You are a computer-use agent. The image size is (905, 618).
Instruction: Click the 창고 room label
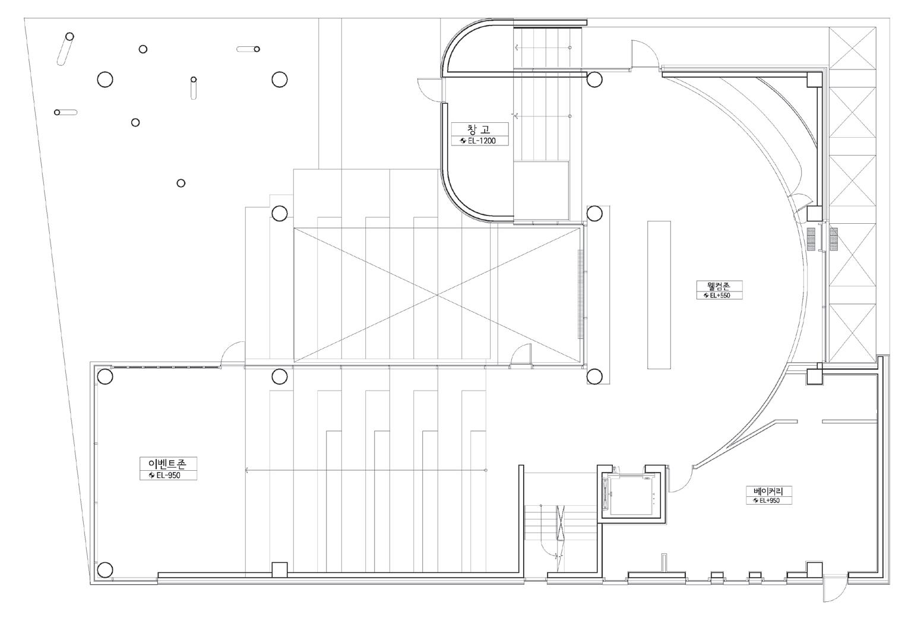(479, 129)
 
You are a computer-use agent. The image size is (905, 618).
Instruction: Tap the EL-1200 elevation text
(482, 141)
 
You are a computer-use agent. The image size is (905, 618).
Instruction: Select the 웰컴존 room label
(719, 286)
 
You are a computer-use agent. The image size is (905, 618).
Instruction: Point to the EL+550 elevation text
(720, 295)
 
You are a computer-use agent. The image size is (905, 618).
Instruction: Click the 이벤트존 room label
(168, 464)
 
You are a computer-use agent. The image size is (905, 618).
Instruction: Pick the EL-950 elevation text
(169, 476)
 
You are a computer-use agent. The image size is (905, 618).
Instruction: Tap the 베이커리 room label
(768, 491)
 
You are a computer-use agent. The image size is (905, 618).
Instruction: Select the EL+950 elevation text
(770, 500)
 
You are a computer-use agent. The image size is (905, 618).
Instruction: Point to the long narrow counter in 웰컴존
(659, 295)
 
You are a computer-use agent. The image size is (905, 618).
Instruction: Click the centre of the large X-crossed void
(437, 295)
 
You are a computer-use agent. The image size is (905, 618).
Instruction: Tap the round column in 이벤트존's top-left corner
(105, 376)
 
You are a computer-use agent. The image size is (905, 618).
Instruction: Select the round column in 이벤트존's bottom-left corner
(105, 570)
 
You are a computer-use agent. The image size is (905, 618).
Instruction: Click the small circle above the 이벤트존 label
(181, 183)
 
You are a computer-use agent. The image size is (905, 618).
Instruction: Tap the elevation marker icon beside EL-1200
(463, 141)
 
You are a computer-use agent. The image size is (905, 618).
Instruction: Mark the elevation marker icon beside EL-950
(152, 476)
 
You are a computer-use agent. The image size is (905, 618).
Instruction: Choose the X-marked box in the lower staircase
(561, 522)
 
